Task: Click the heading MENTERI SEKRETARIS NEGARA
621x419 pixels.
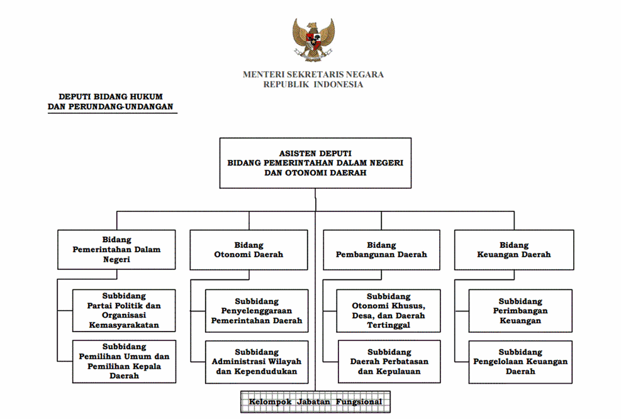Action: tap(313, 74)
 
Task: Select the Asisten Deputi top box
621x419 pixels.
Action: tap(315, 163)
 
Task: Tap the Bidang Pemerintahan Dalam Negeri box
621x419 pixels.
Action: tap(116, 250)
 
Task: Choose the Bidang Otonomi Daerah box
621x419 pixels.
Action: tap(249, 250)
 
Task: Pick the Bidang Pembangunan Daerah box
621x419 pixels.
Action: tap(381, 250)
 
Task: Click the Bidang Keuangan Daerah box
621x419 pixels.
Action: tap(514, 250)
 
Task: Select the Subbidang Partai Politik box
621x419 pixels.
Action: tap(124, 311)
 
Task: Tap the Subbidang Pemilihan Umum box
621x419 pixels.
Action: tap(124, 361)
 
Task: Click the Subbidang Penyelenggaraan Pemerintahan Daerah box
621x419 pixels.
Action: tap(257, 311)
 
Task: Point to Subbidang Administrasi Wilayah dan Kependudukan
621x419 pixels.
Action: tap(257, 362)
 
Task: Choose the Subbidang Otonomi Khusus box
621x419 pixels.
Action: tap(389, 311)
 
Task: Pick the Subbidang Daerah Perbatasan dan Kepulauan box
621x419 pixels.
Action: tap(389, 362)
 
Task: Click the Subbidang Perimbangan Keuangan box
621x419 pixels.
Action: tap(520, 311)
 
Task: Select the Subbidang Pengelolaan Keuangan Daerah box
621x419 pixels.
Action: tap(520, 362)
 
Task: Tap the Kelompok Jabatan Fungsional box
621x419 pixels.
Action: tap(316, 402)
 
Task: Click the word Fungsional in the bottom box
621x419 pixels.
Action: tap(359, 402)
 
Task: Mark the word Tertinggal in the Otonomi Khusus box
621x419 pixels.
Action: tap(389, 325)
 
